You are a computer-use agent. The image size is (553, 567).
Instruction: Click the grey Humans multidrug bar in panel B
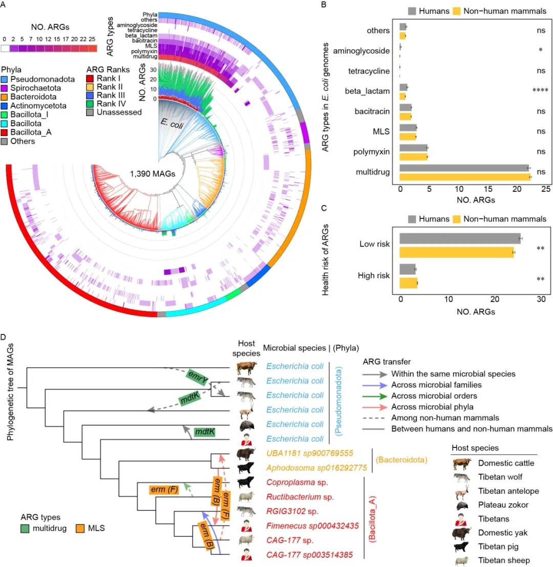click(464, 168)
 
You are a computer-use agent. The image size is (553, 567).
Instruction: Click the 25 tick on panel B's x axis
click(545, 189)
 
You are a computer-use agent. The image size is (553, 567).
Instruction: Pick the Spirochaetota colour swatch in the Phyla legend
click(5, 88)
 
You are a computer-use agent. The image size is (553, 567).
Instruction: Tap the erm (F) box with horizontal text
click(163, 490)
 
